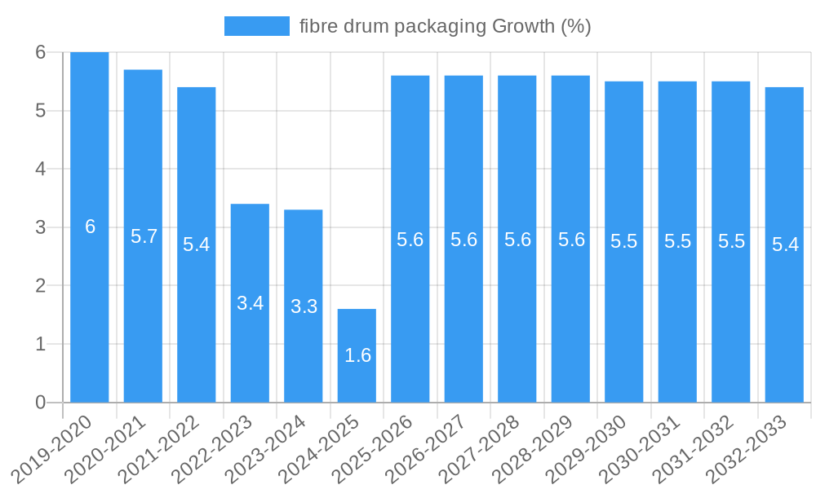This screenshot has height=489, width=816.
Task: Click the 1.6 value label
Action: tap(357, 355)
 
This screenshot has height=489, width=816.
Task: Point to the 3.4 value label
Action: tap(250, 303)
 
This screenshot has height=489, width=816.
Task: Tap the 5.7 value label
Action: tap(144, 236)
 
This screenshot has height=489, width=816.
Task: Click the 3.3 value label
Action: tap(304, 306)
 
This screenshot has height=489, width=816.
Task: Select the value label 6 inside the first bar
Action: tap(90, 227)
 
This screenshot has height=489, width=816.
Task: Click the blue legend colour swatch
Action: tap(256, 26)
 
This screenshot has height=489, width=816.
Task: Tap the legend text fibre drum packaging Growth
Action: tap(445, 26)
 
